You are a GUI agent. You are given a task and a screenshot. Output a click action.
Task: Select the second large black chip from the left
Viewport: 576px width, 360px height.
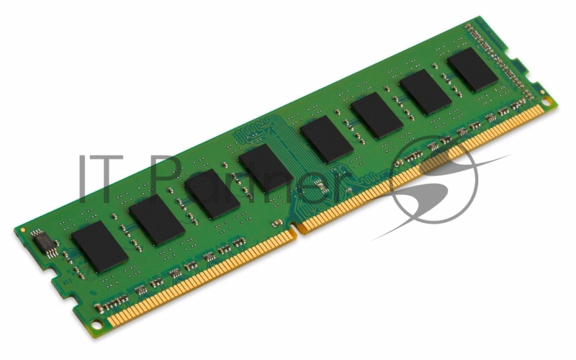157,220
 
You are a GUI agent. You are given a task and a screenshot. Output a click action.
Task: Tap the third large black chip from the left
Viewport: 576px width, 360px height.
212,194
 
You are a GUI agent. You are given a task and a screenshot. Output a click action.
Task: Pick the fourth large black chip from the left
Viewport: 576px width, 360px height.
266,168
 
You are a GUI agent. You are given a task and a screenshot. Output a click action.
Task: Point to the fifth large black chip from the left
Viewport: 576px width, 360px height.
326,139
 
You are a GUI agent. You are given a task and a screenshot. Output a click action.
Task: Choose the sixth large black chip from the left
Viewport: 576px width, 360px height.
377,116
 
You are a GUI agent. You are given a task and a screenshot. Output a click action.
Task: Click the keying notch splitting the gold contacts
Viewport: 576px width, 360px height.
296,233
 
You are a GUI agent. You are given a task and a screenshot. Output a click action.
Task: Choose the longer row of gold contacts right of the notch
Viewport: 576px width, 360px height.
425,173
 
